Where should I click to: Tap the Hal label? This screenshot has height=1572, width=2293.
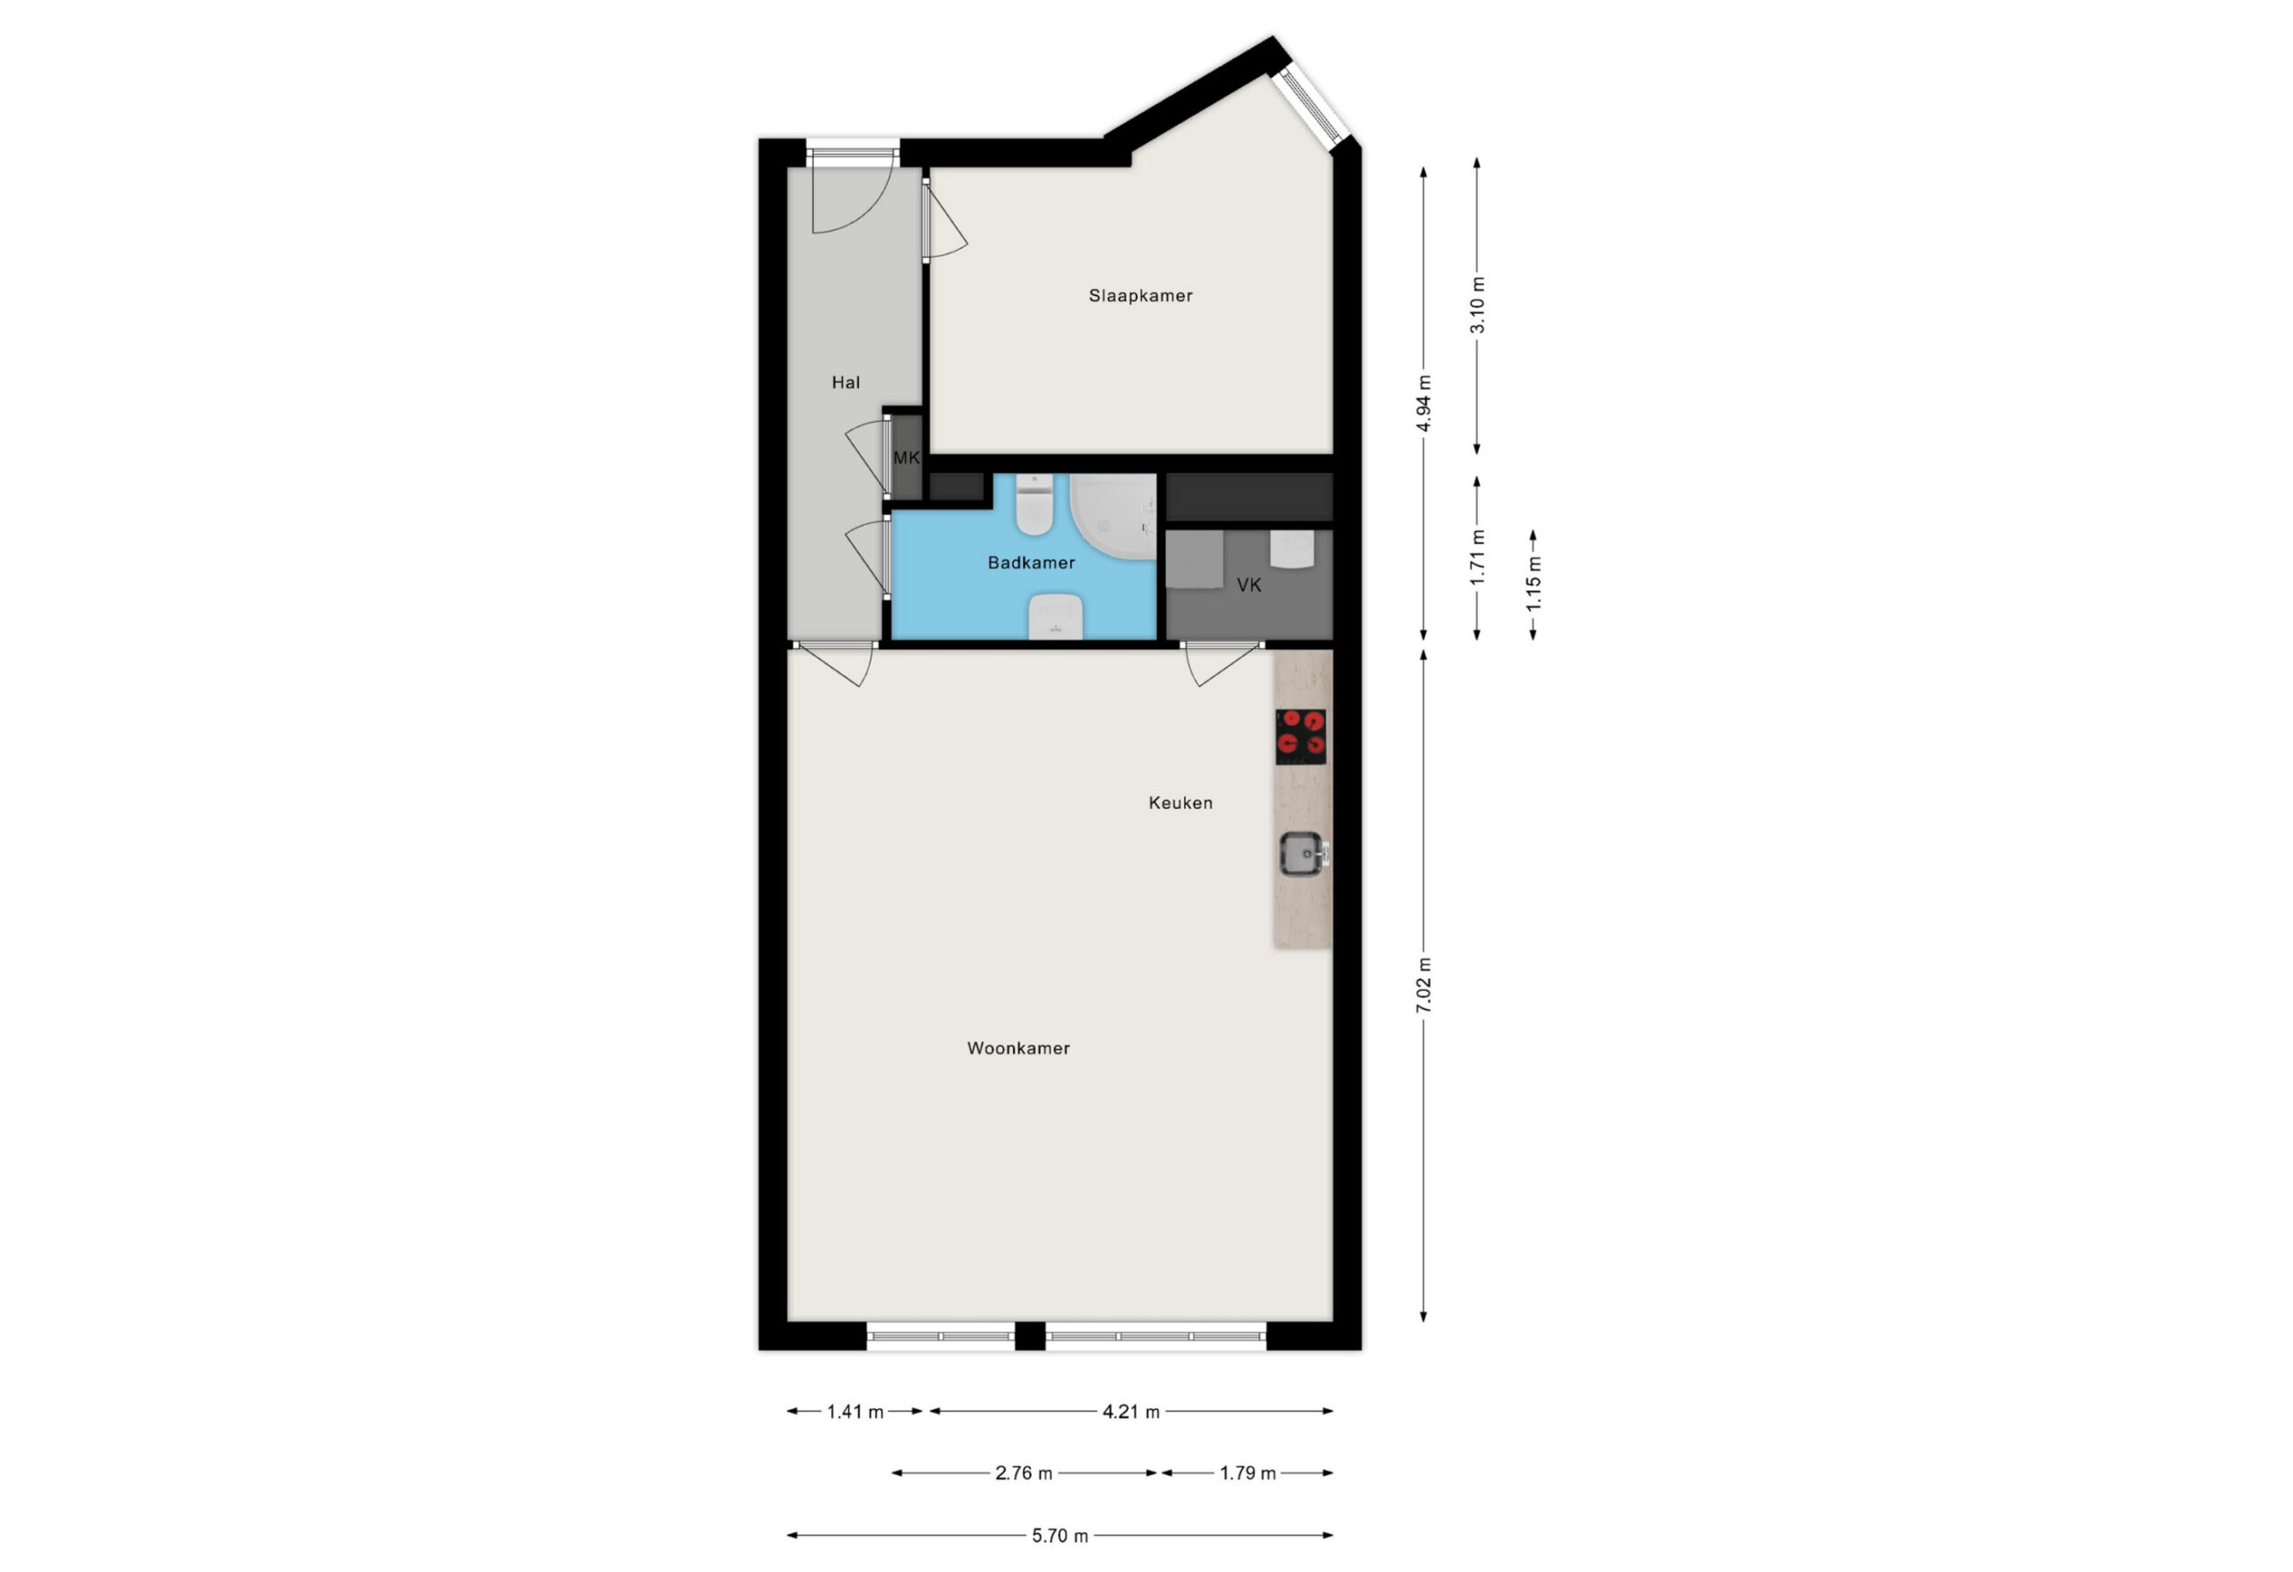tap(846, 382)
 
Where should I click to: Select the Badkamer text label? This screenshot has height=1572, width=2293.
tap(1031, 563)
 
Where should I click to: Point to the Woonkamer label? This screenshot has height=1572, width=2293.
tap(1018, 1049)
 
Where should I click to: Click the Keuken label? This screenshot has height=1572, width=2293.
tap(1180, 803)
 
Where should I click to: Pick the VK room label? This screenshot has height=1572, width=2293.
tap(1250, 585)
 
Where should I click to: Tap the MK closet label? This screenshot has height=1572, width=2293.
tap(906, 458)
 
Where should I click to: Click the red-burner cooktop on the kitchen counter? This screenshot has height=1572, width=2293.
tap(1301, 737)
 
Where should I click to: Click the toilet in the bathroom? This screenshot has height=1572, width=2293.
tap(1034, 504)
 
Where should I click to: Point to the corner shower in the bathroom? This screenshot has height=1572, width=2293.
tap(1113, 516)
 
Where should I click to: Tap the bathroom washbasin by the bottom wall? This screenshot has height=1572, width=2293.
tap(1056, 617)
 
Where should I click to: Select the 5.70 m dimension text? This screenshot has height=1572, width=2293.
tap(1060, 1535)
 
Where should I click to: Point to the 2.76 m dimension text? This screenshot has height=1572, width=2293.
tap(1023, 1473)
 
